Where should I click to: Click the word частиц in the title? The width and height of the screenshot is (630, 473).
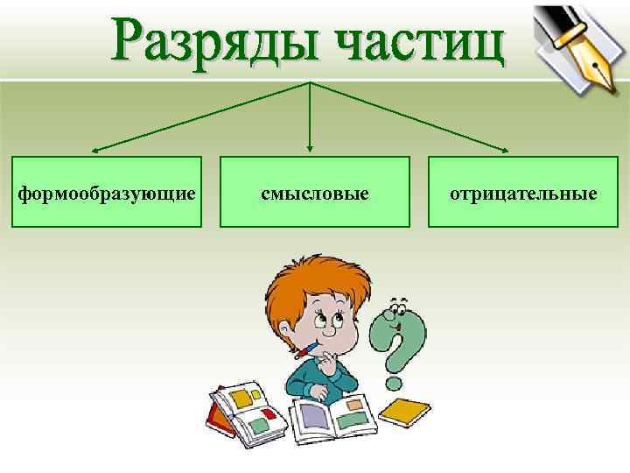coord(419,39)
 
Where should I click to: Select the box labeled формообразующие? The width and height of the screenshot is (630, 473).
coord(107,192)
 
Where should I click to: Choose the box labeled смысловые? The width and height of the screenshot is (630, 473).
coord(314,192)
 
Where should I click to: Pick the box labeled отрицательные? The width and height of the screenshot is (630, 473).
coord(522,192)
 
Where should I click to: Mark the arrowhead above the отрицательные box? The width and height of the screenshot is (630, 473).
coord(511,150)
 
